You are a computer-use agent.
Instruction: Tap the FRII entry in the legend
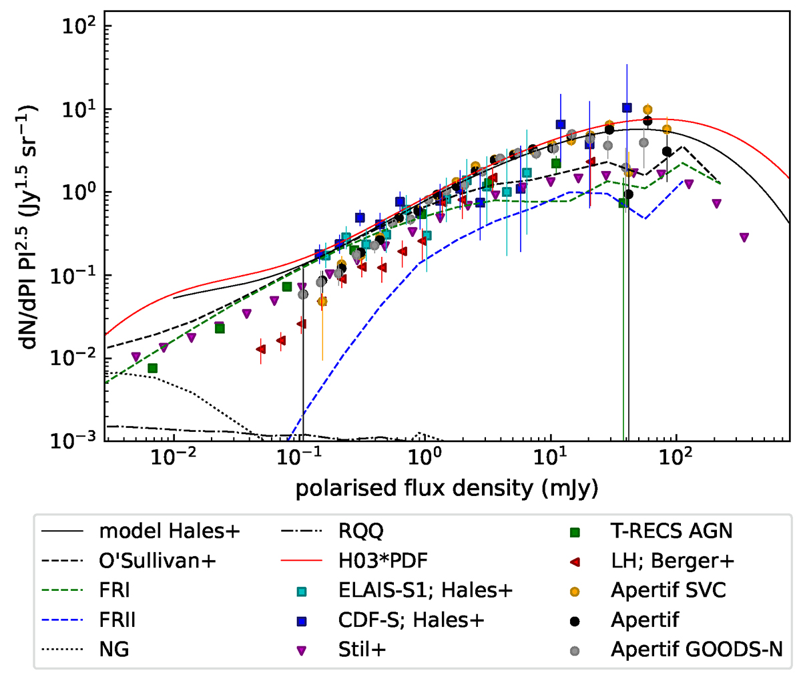[117, 620]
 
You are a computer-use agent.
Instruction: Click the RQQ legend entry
[360, 531]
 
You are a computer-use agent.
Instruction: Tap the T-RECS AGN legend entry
[671, 531]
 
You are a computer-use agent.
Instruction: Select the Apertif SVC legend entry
[668, 591]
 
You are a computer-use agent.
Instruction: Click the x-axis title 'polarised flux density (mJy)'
[447, 488]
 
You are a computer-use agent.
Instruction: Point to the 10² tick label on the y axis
[78, 27]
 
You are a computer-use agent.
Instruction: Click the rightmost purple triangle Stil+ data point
[744, 238]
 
